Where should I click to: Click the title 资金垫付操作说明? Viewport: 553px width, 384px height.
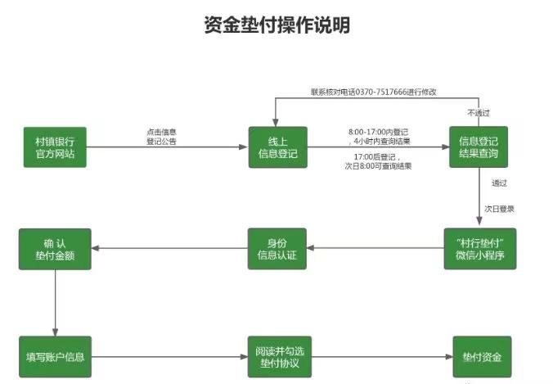coord(276,25)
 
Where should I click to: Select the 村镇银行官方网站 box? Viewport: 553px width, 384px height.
coord(56,148)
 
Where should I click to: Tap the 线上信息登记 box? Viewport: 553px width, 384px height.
coord(277,148)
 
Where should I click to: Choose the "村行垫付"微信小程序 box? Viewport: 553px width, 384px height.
coord(479,249)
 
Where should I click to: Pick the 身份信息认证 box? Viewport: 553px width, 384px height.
coord(277,249)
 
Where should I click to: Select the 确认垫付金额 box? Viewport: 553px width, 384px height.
coord(54,249)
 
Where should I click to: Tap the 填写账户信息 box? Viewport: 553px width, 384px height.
coord(54,358)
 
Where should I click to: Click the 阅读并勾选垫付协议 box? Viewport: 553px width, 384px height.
coord(277,358)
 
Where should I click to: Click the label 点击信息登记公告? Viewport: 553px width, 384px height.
coord(161,137)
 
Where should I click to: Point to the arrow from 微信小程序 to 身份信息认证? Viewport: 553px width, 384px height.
coord(375,249)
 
